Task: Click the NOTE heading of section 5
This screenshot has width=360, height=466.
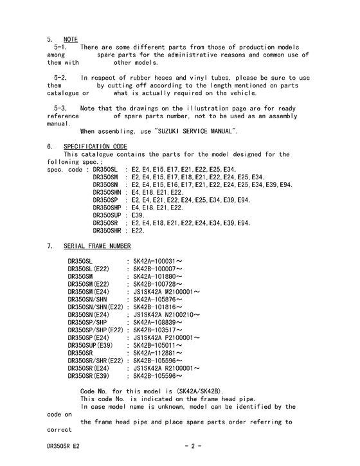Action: pos(70,39)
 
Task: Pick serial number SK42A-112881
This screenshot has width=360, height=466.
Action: pos(157,353)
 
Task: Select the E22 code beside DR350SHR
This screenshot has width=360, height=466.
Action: pos(138,231)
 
